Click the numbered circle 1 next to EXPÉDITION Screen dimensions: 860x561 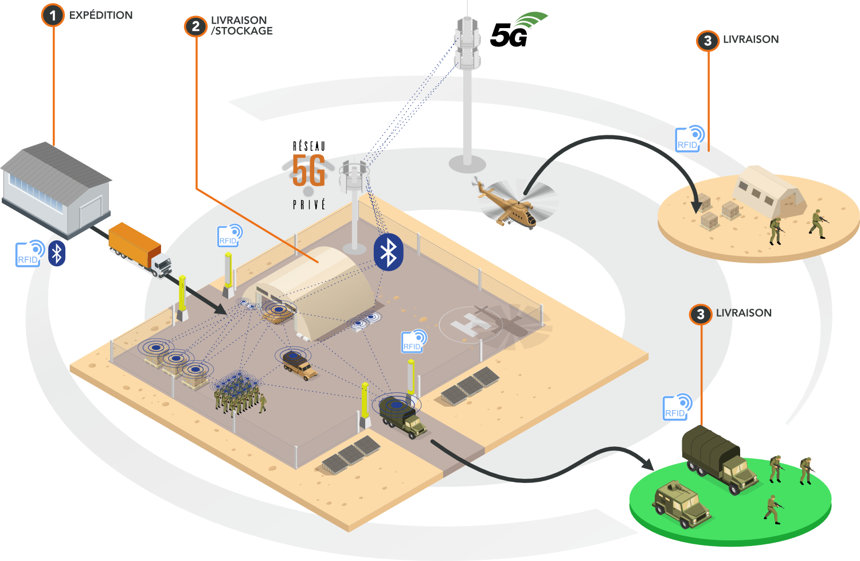pyautogui.click(x=53, y=15)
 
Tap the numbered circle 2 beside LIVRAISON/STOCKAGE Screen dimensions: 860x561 pyautogui.click(x=196, y=26)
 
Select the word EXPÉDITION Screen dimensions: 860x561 pyautogui.click(x=101, y=15)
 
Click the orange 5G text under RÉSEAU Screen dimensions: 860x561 pyautogui.click(x=308, y=170)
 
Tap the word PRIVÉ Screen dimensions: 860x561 pyautogui.click(x=309, y=204)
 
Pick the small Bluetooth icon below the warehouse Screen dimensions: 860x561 pyautogui.click(x=57, y=253)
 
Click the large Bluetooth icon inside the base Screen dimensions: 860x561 pyautogui.click(x=388, y=252)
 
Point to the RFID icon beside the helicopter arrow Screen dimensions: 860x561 pyautogui.click(x=690, y=139)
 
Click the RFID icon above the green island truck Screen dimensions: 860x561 pyautogui.click(x=677, y=407)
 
